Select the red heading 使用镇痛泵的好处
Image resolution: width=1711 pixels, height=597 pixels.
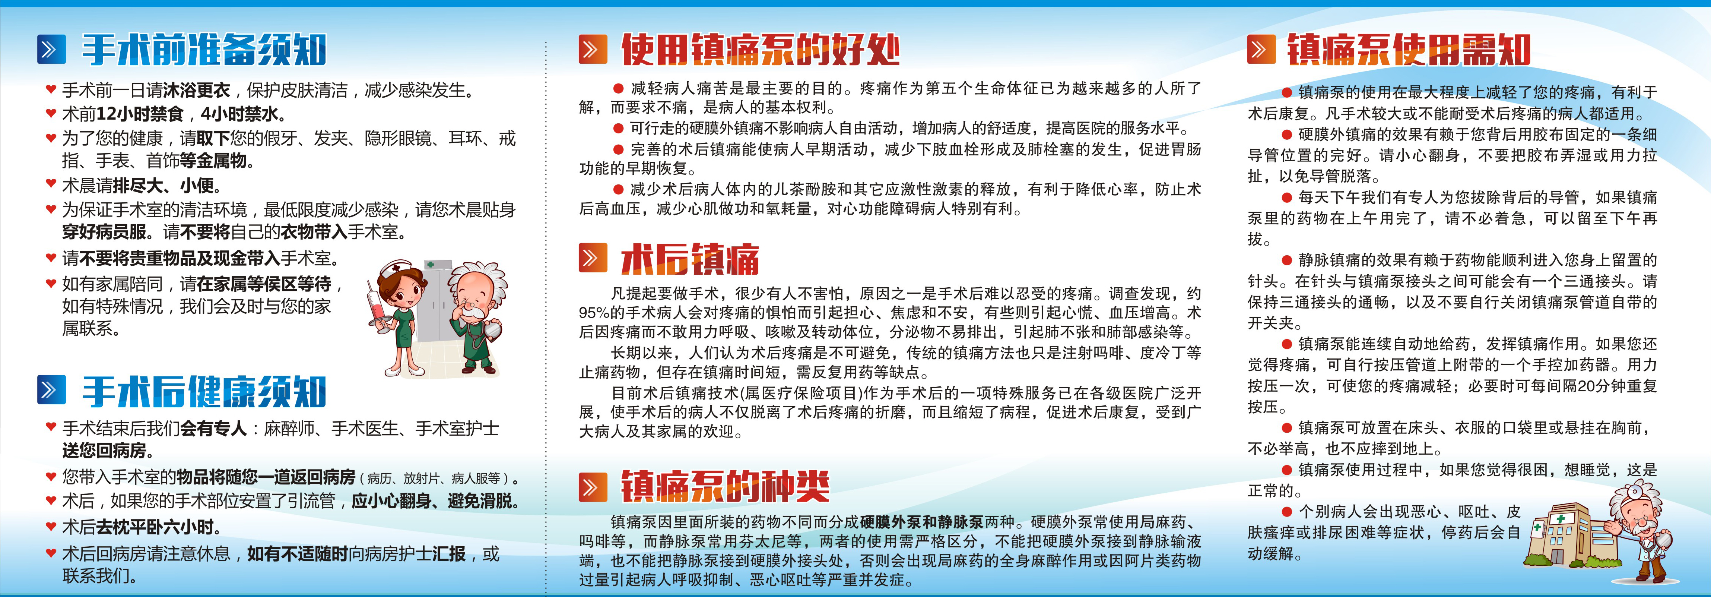(761, 50)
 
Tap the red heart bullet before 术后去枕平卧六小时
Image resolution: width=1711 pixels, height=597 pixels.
(51, 527)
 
